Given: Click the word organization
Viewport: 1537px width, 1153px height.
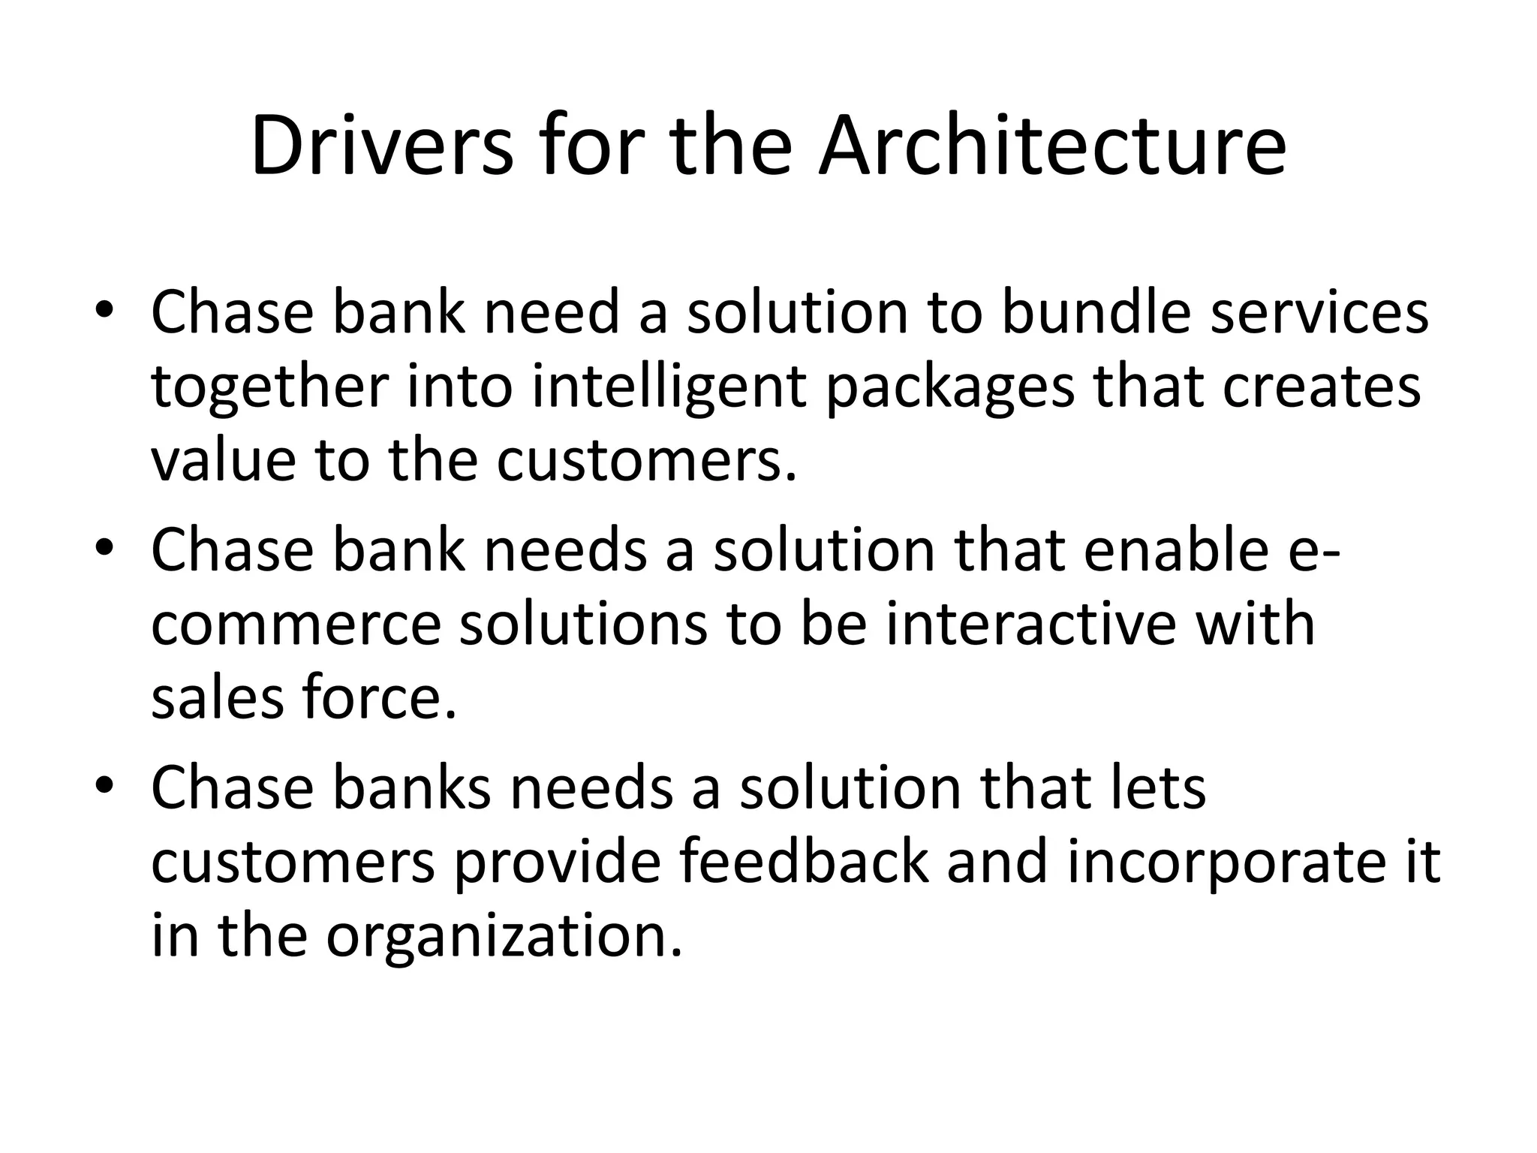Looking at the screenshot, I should (504, 937).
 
